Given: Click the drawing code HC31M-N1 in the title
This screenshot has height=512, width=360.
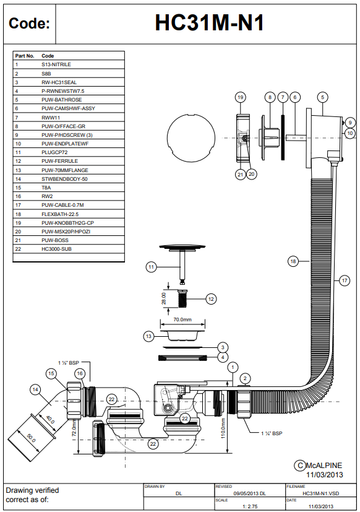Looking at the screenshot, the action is (209, 23).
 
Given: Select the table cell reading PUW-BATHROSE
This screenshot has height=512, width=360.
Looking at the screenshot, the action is (61, 100).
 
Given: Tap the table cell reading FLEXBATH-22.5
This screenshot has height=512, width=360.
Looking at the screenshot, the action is (60, 214).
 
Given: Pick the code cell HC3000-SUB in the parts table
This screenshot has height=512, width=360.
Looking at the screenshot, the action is (56, 249).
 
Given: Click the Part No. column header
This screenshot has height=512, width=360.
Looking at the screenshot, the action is (25, 56).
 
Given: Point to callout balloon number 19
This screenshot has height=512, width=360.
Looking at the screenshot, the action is (241, 97).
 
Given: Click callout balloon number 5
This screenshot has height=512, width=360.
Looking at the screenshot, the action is (322, 97).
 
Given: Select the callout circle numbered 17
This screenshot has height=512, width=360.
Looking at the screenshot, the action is (345, 280).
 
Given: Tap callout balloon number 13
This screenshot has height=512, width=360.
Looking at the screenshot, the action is (149, 336).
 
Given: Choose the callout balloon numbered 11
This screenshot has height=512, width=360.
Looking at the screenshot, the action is (151, 267).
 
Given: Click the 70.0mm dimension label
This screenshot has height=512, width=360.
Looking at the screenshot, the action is (182, 319).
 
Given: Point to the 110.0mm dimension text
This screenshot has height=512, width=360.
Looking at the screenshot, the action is (223, 428).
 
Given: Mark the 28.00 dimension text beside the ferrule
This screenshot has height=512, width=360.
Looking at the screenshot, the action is (164, 298).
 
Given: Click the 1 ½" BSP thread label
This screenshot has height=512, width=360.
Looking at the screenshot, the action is (69, 363).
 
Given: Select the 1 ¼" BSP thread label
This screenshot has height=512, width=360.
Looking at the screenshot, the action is (272, 433).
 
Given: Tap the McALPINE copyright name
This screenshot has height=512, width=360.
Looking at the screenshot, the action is (324, 466).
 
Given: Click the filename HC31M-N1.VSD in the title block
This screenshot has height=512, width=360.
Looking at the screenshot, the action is (321, 493).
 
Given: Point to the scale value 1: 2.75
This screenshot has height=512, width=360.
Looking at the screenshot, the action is (250, 506).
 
